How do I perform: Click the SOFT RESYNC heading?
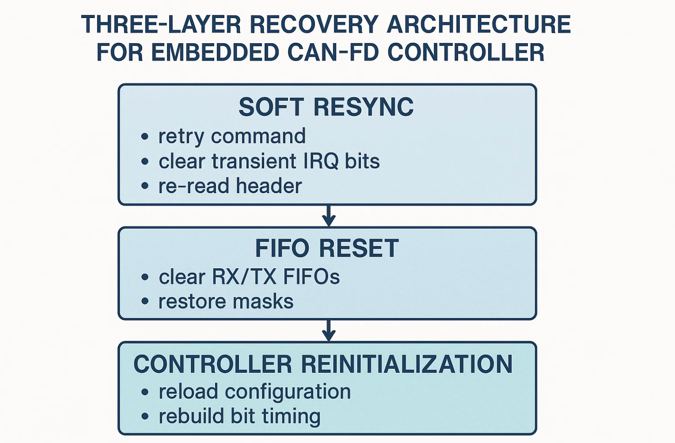[x=326, y=107]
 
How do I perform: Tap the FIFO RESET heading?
[x=327, y=249]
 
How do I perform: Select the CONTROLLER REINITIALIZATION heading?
[x=323, y=364]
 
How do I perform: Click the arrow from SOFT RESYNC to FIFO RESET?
[x=328, y=216]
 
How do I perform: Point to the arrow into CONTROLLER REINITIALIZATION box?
[x=328, y=331]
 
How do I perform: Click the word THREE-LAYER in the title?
[x=161, y=25]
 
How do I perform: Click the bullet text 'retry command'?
[x=232, y=136]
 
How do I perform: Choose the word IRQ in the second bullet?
[x=320, y=161]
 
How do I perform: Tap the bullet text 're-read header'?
[x=230, y=186]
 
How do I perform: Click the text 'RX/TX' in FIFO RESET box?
[x=243, y=277]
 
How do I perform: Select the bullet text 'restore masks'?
[x=226, y=302]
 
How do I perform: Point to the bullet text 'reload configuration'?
[x=255, y=392]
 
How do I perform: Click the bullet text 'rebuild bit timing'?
[x=239, y=416]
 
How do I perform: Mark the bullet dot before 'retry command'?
[x=144, y=136]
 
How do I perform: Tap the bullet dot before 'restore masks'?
[x=144, y=302]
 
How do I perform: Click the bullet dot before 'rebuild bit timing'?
[x=144, y=416]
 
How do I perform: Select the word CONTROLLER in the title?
[x=466, y=53]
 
